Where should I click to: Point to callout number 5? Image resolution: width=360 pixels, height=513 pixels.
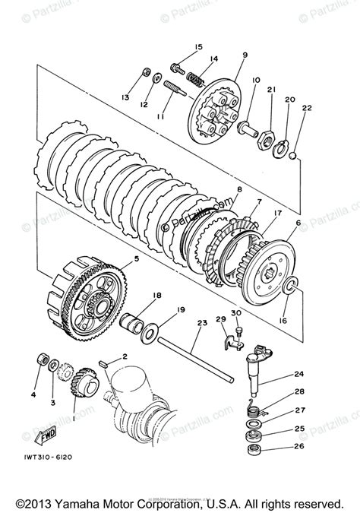click(136, 259)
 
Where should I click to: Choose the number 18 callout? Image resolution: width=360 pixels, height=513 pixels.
click(156, 296)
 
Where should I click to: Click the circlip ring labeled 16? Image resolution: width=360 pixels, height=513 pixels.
click(289, 287)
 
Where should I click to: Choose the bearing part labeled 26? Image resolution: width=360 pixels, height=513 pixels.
click(253, 451)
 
